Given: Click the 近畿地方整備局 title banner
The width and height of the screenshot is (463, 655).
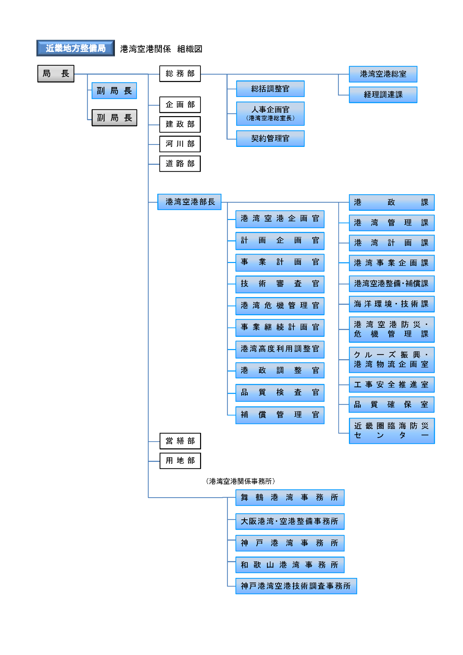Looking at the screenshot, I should [x=75, y=48].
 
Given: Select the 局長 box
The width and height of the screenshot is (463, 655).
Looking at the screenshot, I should [x=56, y=73].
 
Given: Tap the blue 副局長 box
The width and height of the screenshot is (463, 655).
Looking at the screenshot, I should [x=114, y=91].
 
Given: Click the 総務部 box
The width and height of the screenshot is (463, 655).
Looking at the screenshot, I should [x=180, y=73].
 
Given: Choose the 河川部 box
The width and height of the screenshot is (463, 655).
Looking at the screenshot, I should [x=180, y=144].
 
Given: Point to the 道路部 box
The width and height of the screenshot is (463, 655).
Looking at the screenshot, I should [x=180, y=163].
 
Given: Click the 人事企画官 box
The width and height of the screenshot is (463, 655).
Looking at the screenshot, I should [x=270, y=113].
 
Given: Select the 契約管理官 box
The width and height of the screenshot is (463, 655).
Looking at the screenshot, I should [x=270, y=138].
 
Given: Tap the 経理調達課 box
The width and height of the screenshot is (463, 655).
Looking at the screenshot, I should [x=383, y=95].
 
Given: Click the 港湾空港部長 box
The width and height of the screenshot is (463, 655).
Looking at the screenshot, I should [x=189, y=202].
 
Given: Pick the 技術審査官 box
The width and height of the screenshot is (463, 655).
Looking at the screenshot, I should [x=280, y=284].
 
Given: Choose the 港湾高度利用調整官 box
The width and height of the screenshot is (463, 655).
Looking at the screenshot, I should [x=280, y=349].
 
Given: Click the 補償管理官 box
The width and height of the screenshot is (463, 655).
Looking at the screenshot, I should [x=280, y=415].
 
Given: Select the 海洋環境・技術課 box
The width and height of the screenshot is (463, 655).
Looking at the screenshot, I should [x=392, y=304].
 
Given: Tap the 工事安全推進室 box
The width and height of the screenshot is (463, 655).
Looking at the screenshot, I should [x=392, y=385].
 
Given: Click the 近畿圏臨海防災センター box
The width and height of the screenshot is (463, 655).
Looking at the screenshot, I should [x=392, y=431].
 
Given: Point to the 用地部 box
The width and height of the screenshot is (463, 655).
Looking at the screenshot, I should [x=180, y=460].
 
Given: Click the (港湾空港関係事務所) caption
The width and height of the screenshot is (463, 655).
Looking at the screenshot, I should [x=240, y=481].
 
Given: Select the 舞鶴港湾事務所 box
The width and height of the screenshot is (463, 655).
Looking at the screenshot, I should [x=290, y=498].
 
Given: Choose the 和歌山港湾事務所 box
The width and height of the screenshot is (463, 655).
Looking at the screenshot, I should [x=290, y=565].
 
